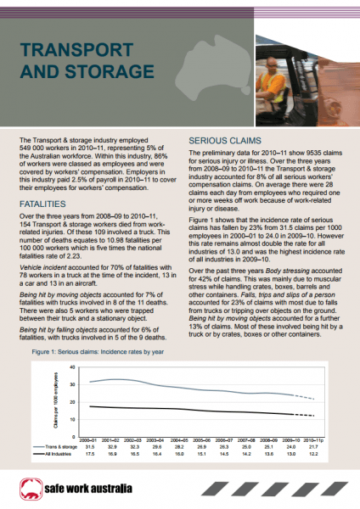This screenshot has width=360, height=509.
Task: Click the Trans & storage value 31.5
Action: [87, 447]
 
